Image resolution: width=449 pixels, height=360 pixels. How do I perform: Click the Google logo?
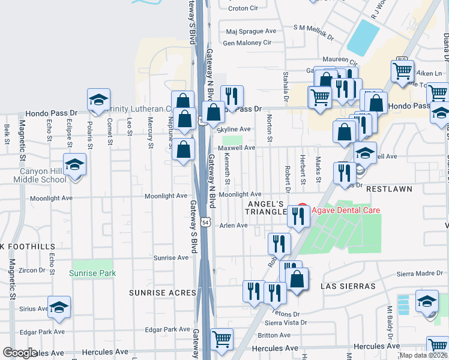(20, 353)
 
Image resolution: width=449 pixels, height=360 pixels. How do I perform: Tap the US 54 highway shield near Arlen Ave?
(205, 222)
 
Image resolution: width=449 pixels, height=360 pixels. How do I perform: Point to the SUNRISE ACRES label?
(162, 293)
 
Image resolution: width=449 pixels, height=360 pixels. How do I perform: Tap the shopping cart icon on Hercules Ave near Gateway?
(222, 340)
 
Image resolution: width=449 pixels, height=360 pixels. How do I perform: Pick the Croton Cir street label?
(243, 8)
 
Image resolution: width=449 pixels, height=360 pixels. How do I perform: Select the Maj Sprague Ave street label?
(251, 31)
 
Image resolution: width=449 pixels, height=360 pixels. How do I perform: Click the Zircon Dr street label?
(32, 271)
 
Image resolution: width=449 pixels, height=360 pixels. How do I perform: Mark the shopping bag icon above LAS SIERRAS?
(297, 279)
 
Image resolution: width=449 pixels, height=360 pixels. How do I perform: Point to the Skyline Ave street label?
(234, 129)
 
